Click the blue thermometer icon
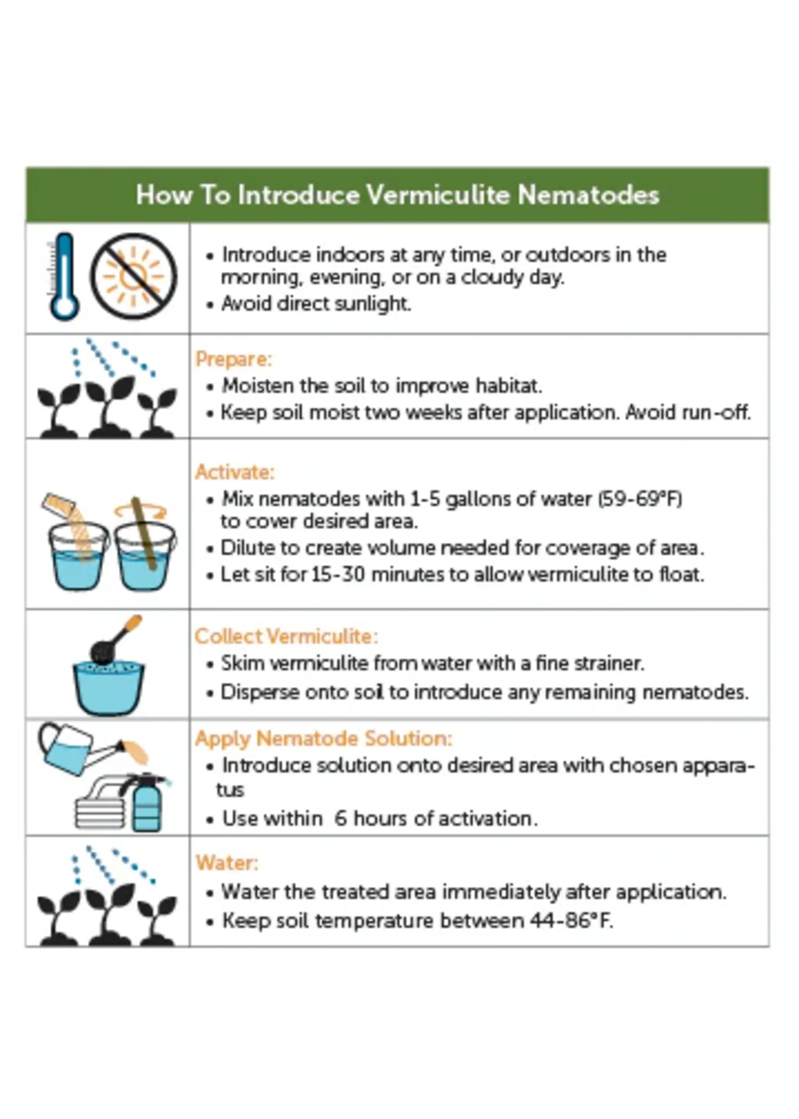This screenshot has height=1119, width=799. tap(63, 277)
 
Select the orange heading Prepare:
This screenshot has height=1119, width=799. tap(234, 359)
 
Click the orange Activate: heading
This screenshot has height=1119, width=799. tap(235, 472)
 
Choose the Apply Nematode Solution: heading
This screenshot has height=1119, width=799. tap(323, 739)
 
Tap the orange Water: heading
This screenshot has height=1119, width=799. tap(227, 863)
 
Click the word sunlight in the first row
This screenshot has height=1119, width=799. tap(372, 304)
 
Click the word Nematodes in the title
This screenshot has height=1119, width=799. tap(588, 195)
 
